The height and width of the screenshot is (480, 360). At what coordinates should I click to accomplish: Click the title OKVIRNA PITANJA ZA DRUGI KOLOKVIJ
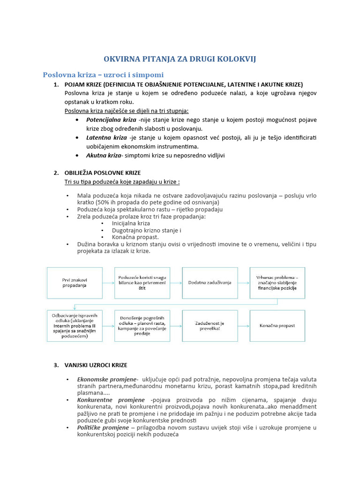pyautogui.click(x=180, y=59)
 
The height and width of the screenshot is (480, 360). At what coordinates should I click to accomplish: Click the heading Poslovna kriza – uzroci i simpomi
pyautogui.click(x=103, y=75)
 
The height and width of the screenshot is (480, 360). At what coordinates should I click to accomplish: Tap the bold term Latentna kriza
pyautogui.click(x=106, y=137)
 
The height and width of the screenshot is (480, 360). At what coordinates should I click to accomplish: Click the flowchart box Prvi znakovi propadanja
pyautogui.click(x=74, y=283)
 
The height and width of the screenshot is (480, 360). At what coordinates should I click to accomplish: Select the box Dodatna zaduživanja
pyautogui.click(x=210, y=283)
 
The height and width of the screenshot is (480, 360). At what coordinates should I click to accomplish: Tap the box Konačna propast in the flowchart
pyautogui.click(x=277, y=325)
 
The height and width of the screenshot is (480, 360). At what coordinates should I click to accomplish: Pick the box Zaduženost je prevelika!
pyautogui.click(x=210, y=325)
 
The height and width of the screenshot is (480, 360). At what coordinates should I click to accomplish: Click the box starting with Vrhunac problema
pyautogui.click(x=277, y=283)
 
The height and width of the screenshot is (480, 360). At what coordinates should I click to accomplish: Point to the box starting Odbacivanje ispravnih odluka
pyautogui.click(x=74, y=326)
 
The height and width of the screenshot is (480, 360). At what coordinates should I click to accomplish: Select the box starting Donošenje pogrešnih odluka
pyautogui.click(x=142, y=326)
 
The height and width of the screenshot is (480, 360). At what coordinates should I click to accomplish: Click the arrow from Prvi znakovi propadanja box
pyautogui.click(x=108, y=283)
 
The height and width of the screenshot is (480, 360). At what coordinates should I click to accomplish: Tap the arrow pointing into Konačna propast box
pyautogui.click(x=243, y=325)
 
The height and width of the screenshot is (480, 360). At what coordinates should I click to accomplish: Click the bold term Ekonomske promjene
pyautogui.click(x=107, y=379)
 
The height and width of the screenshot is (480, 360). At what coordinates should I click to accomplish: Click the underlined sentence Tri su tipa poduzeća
pyautogui.click(x=122, y=181)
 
